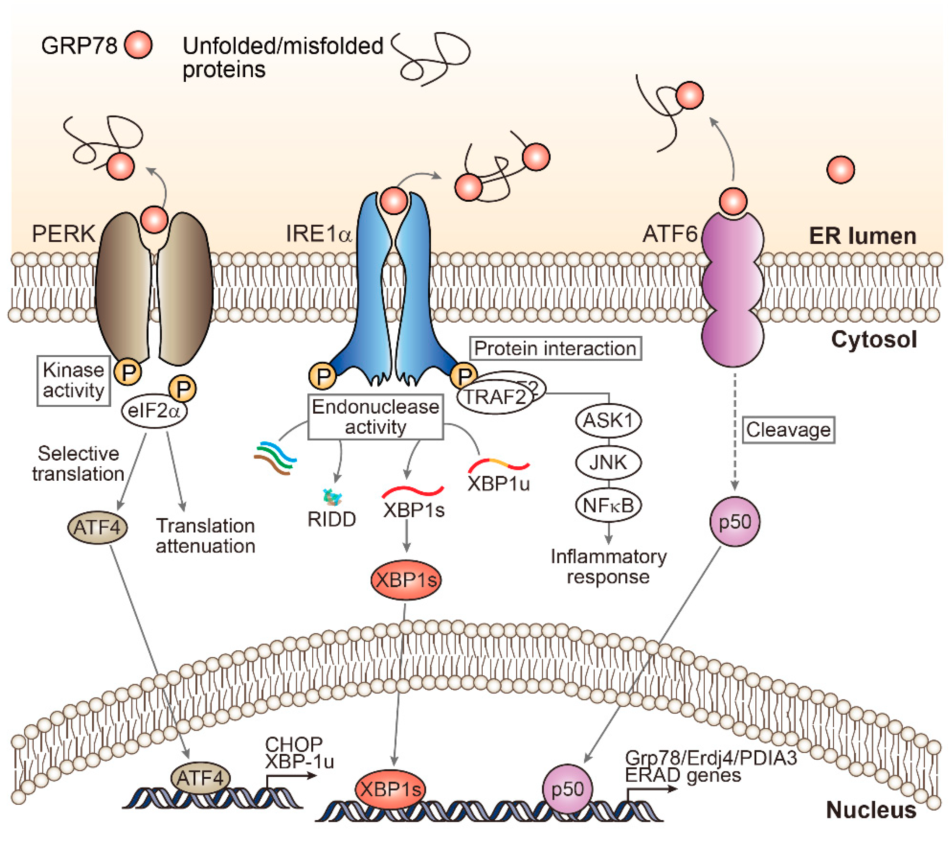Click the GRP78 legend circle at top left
click(x=138, y=45)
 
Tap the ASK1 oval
click(x=608, y=421)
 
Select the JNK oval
click(x=608, y=462)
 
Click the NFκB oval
click(x=608, y=505)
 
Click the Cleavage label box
click(x=788, y=430)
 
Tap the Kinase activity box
click(x=73, y=381)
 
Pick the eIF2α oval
click(x=154, y=411)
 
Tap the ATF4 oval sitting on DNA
click(x=201, y=778)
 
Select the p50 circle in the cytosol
click(x=735, y=521)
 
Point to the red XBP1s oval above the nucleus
click(x=406, y=580)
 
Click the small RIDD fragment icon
click(x=332, y=498)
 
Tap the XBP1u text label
click(x=498, y=484)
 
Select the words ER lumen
click(x=862, y=236)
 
